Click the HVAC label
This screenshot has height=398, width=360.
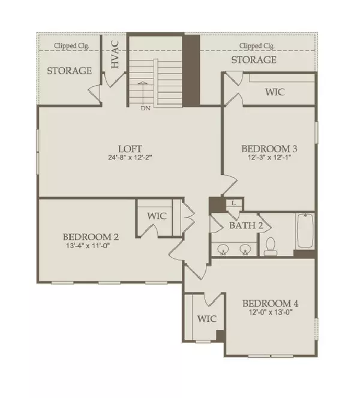coord(116,55)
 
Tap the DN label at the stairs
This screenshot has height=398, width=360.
coord(146,108)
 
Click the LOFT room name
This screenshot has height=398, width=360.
coord(130,149)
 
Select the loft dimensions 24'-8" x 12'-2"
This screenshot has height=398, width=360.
coord(130,158)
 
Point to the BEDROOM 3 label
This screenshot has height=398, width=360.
coord(269,149)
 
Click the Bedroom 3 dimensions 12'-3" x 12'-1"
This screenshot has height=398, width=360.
coord(269,158)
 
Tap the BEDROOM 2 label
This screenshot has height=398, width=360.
coord(91,237)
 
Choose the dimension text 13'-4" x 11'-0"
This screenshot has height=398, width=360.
coord(88,246)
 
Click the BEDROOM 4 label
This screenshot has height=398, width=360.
coord(271,303)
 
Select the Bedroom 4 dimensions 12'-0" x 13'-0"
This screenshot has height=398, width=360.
coord(271,312)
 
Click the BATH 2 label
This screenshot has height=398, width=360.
coord(246,225)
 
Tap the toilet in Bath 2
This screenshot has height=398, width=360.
coord(270,246)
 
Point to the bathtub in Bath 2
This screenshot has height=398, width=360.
coord(305,231)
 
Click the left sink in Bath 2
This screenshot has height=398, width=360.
coord(223,249)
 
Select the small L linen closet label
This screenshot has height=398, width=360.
coord(234,203)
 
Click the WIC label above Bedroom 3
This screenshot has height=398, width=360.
coord(275,92)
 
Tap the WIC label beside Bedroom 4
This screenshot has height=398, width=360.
coord(207,319)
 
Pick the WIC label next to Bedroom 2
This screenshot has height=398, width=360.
coord(157,216)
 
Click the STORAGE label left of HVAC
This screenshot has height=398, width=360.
coord(70,71)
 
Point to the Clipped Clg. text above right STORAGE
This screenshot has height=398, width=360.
coord(257,46)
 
